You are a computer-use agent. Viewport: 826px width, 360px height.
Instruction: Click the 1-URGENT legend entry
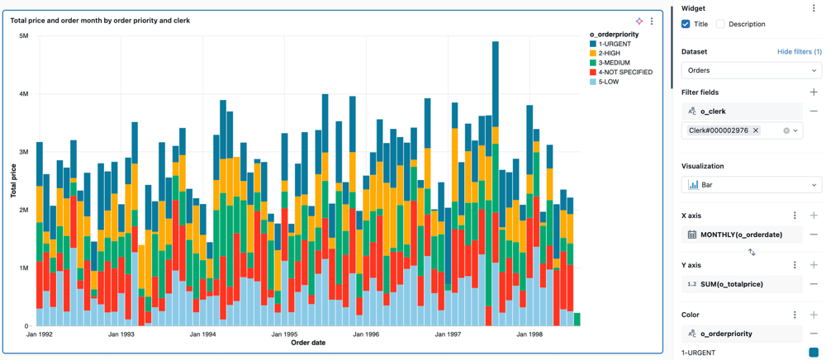point(615,44)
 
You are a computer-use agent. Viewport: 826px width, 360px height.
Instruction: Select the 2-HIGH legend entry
point(609,54)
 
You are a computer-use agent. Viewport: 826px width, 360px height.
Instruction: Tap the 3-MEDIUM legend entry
point(614,63)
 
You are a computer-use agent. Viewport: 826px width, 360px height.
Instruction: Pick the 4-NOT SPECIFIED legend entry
point(624,73)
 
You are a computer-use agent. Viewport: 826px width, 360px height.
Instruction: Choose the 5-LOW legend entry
point(609,82)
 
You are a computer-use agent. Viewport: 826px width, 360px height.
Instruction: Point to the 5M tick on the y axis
point(23,36)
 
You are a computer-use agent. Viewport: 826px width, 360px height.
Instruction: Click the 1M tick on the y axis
point(23,268)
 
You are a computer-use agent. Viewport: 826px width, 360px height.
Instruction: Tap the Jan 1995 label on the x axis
point(285,334)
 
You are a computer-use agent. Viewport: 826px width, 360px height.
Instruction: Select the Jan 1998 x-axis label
point(529,334)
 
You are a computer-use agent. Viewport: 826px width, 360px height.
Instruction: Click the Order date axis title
point(308,343)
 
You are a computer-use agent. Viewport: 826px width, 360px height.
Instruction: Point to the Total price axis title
point(13,181)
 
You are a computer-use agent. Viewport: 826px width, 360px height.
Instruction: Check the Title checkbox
point(686,24)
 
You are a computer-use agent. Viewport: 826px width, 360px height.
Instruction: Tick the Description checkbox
point(720,24)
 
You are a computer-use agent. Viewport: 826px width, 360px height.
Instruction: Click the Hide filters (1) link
point(799,51)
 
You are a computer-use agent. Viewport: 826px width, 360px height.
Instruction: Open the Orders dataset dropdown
point(751,70)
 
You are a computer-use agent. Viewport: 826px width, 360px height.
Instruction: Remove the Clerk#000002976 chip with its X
point(756,130)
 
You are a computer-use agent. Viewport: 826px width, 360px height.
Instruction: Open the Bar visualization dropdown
point(751,185)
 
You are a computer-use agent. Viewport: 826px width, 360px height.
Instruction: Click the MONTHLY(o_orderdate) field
point(741,234)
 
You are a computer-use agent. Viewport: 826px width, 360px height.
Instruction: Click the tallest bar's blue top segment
point(496,78)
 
